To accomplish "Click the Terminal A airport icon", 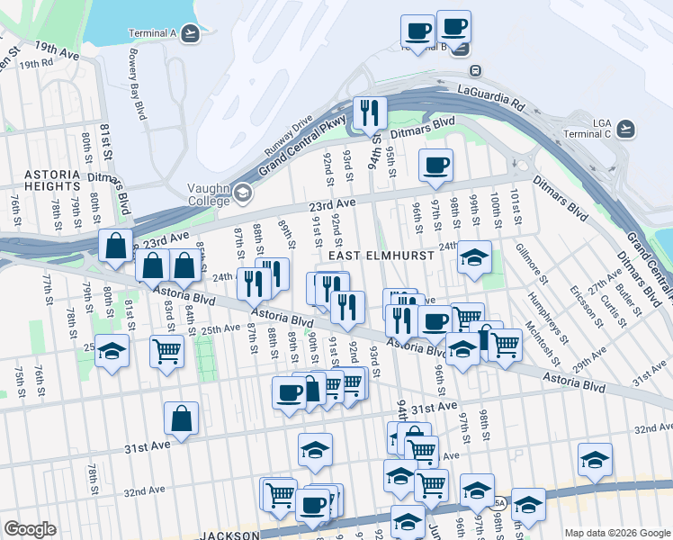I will (x=189, y=34).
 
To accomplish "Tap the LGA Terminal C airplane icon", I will (x=626, y=129).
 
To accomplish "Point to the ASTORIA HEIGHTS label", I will (x=53, y=179).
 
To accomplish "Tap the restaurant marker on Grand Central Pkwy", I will (x=370, y=112).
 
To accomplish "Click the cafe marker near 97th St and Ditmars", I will (x=436, y=166).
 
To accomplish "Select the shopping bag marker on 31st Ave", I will (x=181, y=418).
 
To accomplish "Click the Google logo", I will (x=30, y=529).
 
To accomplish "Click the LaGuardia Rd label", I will (x=491, y=94).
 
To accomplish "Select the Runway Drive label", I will (x=287, y=133).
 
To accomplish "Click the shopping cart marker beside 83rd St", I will (x=166, y=351).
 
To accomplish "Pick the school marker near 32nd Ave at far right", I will (x=595, y=459).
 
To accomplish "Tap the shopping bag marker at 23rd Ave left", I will (x=116, y=246).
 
